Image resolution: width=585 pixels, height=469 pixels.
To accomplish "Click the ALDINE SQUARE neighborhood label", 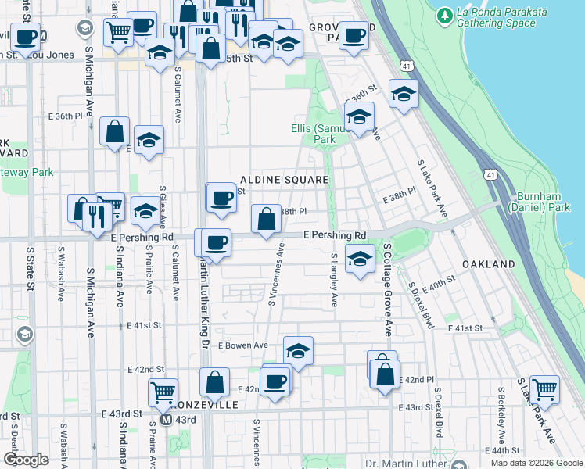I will click(x=283, y=180).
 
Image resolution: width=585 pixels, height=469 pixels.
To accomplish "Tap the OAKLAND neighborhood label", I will click(x=488, y=264).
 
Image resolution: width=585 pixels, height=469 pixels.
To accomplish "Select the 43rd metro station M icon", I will click(x=166, y=420).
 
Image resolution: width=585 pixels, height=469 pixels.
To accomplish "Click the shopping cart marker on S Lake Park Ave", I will click(x=544, y=388).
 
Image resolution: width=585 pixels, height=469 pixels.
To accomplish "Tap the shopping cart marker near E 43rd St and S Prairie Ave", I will click(x=162, y=392).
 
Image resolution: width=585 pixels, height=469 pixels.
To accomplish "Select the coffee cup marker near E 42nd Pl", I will click(x=275, y=381).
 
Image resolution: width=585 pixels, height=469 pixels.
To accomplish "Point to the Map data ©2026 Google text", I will click(x=537, y=463).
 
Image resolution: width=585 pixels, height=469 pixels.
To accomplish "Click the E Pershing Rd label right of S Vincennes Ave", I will click(x=334, y=235).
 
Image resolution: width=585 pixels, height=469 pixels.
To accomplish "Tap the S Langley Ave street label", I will click(x=334, y=279).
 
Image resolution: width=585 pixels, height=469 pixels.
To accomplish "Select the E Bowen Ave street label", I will click(x=243, y=345).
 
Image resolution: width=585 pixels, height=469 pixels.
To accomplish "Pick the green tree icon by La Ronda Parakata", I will click(x=444, y=14).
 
